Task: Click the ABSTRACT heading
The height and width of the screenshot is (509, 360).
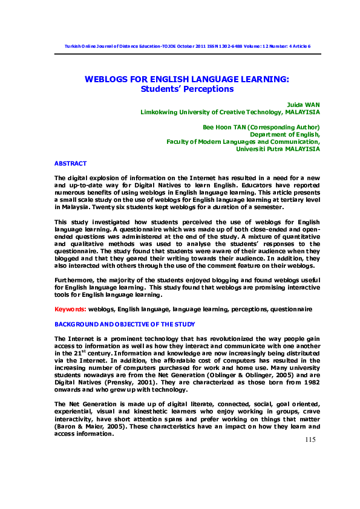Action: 71,164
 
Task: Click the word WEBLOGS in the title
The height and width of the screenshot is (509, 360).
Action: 106,79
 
